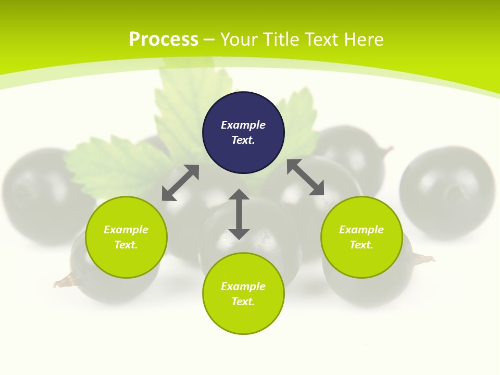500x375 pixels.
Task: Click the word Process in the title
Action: coord(164,40)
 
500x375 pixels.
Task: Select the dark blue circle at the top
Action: coord(243,132)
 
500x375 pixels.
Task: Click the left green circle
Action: coord(126,237)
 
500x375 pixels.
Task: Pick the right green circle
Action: coord(361,237)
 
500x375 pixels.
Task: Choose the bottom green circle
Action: coord(243,294)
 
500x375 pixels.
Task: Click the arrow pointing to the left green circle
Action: coord(180,183)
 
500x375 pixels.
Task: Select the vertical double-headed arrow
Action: coord(239,214)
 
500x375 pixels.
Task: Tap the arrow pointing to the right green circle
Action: coord(306,177)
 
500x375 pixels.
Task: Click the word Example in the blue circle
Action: coord(243,125)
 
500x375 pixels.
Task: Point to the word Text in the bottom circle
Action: coord(243,302)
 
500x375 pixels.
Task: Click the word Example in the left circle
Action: coord(126,230)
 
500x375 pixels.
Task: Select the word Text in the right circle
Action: coord(361,245)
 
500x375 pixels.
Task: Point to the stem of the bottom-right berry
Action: coord(422,258)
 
